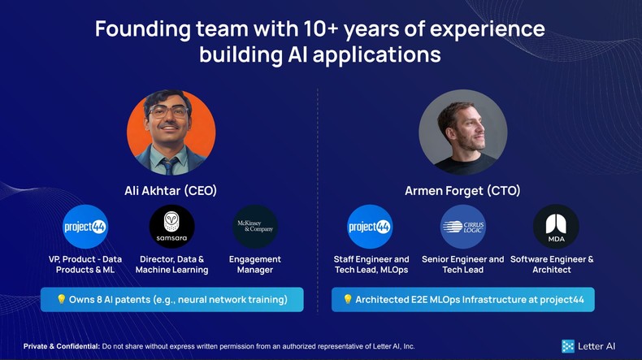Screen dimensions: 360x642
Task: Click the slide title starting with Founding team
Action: coord(320,41)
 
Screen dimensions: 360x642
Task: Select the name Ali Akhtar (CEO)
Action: coord(171,191)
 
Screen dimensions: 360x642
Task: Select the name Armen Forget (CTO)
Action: coord(462,191)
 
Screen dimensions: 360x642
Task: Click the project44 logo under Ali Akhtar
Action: coord(85,227)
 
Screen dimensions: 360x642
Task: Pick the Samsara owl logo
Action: coord(171,227)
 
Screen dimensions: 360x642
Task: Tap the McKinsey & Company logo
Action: coord(255,227)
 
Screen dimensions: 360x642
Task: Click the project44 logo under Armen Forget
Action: coord(370,227)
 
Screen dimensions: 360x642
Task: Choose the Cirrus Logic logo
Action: coord(462,227)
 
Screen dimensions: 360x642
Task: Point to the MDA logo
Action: coord(556,227)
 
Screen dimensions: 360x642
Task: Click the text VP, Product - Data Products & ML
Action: coord(85,264)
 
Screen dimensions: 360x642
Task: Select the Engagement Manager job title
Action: coord(255,264)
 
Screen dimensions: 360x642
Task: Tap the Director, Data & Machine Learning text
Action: coord(171,264)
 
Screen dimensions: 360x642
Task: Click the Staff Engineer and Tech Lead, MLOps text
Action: coord(371,264)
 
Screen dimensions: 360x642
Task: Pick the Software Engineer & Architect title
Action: coord(552,264)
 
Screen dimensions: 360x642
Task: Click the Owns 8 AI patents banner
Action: coord(171,299)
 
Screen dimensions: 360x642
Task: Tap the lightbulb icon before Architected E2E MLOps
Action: coord(348,299)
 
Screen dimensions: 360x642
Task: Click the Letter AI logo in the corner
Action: coord(588,346)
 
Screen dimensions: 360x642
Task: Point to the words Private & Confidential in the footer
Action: coord(62,346)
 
